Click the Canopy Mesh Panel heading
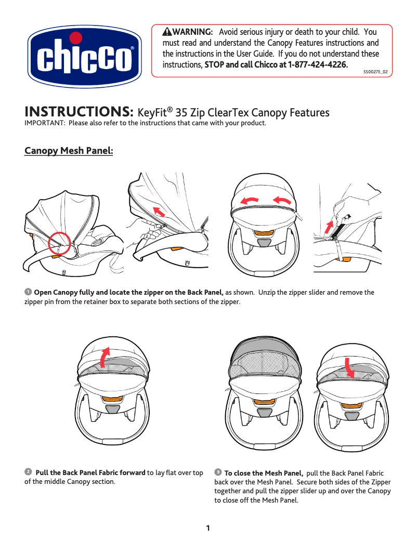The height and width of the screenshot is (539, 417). (x=69, y=151)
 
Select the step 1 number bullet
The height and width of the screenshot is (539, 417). (x=28, y=292)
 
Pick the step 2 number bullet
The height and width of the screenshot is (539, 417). (x=28, y=471)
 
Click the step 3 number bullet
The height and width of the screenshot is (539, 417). (x=218, y=471)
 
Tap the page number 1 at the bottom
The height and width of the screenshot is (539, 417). (x=208, y=528)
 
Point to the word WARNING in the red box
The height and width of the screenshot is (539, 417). (x=192, y=33)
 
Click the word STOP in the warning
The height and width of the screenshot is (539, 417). (x=215, y=65)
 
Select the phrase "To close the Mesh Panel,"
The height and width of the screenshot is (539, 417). (x=264, y=473)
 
